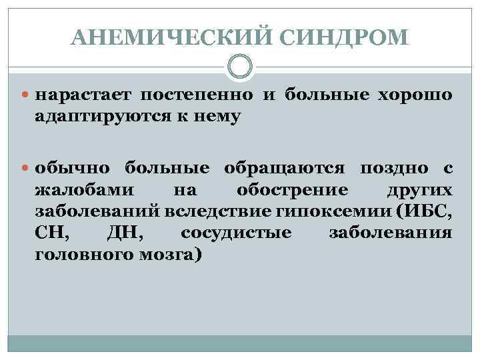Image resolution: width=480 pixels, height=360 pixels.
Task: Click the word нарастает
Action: point(83,96)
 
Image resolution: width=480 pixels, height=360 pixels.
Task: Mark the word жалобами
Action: point(83,189)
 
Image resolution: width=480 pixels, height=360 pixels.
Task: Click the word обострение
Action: point(292,189)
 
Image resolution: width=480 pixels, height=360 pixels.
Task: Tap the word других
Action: point(420,189)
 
